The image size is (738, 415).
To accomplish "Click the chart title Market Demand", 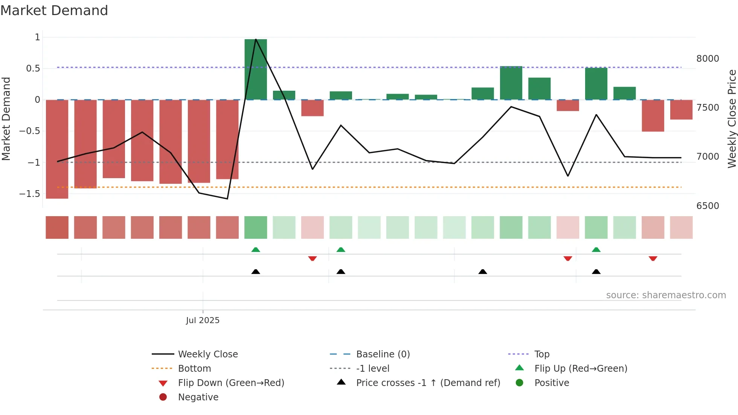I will pyautogui.click(x=54, y=11).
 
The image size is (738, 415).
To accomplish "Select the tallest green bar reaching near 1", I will pyautogui.click(x=256, y=70).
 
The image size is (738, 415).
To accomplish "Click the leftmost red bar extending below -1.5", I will pyautogui.click(x=57, y=149).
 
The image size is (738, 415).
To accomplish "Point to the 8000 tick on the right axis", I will pyautogui.click(x=708, y=59).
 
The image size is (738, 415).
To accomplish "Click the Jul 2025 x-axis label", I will pyautogui.click(x=203, y=320).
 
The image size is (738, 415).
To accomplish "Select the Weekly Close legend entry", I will pyautogui.click(x=208, y=354).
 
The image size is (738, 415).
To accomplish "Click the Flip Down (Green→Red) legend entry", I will pyautogui.click(x=231, y=383).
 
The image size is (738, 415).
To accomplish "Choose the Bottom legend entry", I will pyautogui.click(x=194, y=369).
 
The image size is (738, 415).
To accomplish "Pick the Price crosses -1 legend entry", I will pyautogui.click(x=428, y=383).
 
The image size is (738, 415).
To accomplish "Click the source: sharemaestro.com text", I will pyautogui.click(x=666, y=295).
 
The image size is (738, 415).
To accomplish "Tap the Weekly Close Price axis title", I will pyautogui.click(x=732, y=119).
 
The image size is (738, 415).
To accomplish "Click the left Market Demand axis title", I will pyautogui.click(x=6, y=119).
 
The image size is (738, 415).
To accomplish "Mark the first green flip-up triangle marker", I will pyautogui.click(x=256, y=250).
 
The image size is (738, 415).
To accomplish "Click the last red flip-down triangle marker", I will pyautogui.click(x=653, y=258).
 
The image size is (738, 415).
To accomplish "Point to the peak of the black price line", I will pyautogui.click(x=256, y=39).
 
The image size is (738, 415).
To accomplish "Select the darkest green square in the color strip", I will pyautogui.click(x=256, y=227).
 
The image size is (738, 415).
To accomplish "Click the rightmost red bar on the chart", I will pyautogui.click(x=681, y=110).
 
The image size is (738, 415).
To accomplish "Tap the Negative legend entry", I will pyautogui.click(x=198, y=397).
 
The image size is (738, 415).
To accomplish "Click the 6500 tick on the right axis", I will pyautogui.click(x=708, y=206).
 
